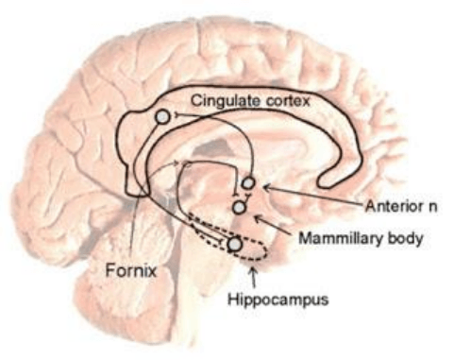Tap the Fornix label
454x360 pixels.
point(131,270)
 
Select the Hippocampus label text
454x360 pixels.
point(277,299)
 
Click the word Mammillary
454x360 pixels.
point(340,238)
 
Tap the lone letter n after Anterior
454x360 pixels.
point(432,208)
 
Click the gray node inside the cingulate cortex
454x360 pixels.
point(162,117)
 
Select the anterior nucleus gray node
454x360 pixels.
point(248,182)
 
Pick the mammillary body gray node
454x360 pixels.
point(239,207)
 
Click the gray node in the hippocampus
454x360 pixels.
point(235,245)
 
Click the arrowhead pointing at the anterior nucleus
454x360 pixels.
point(266,187)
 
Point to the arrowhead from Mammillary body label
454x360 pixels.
point(258,217)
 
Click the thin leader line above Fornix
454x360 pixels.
point(134,229)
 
